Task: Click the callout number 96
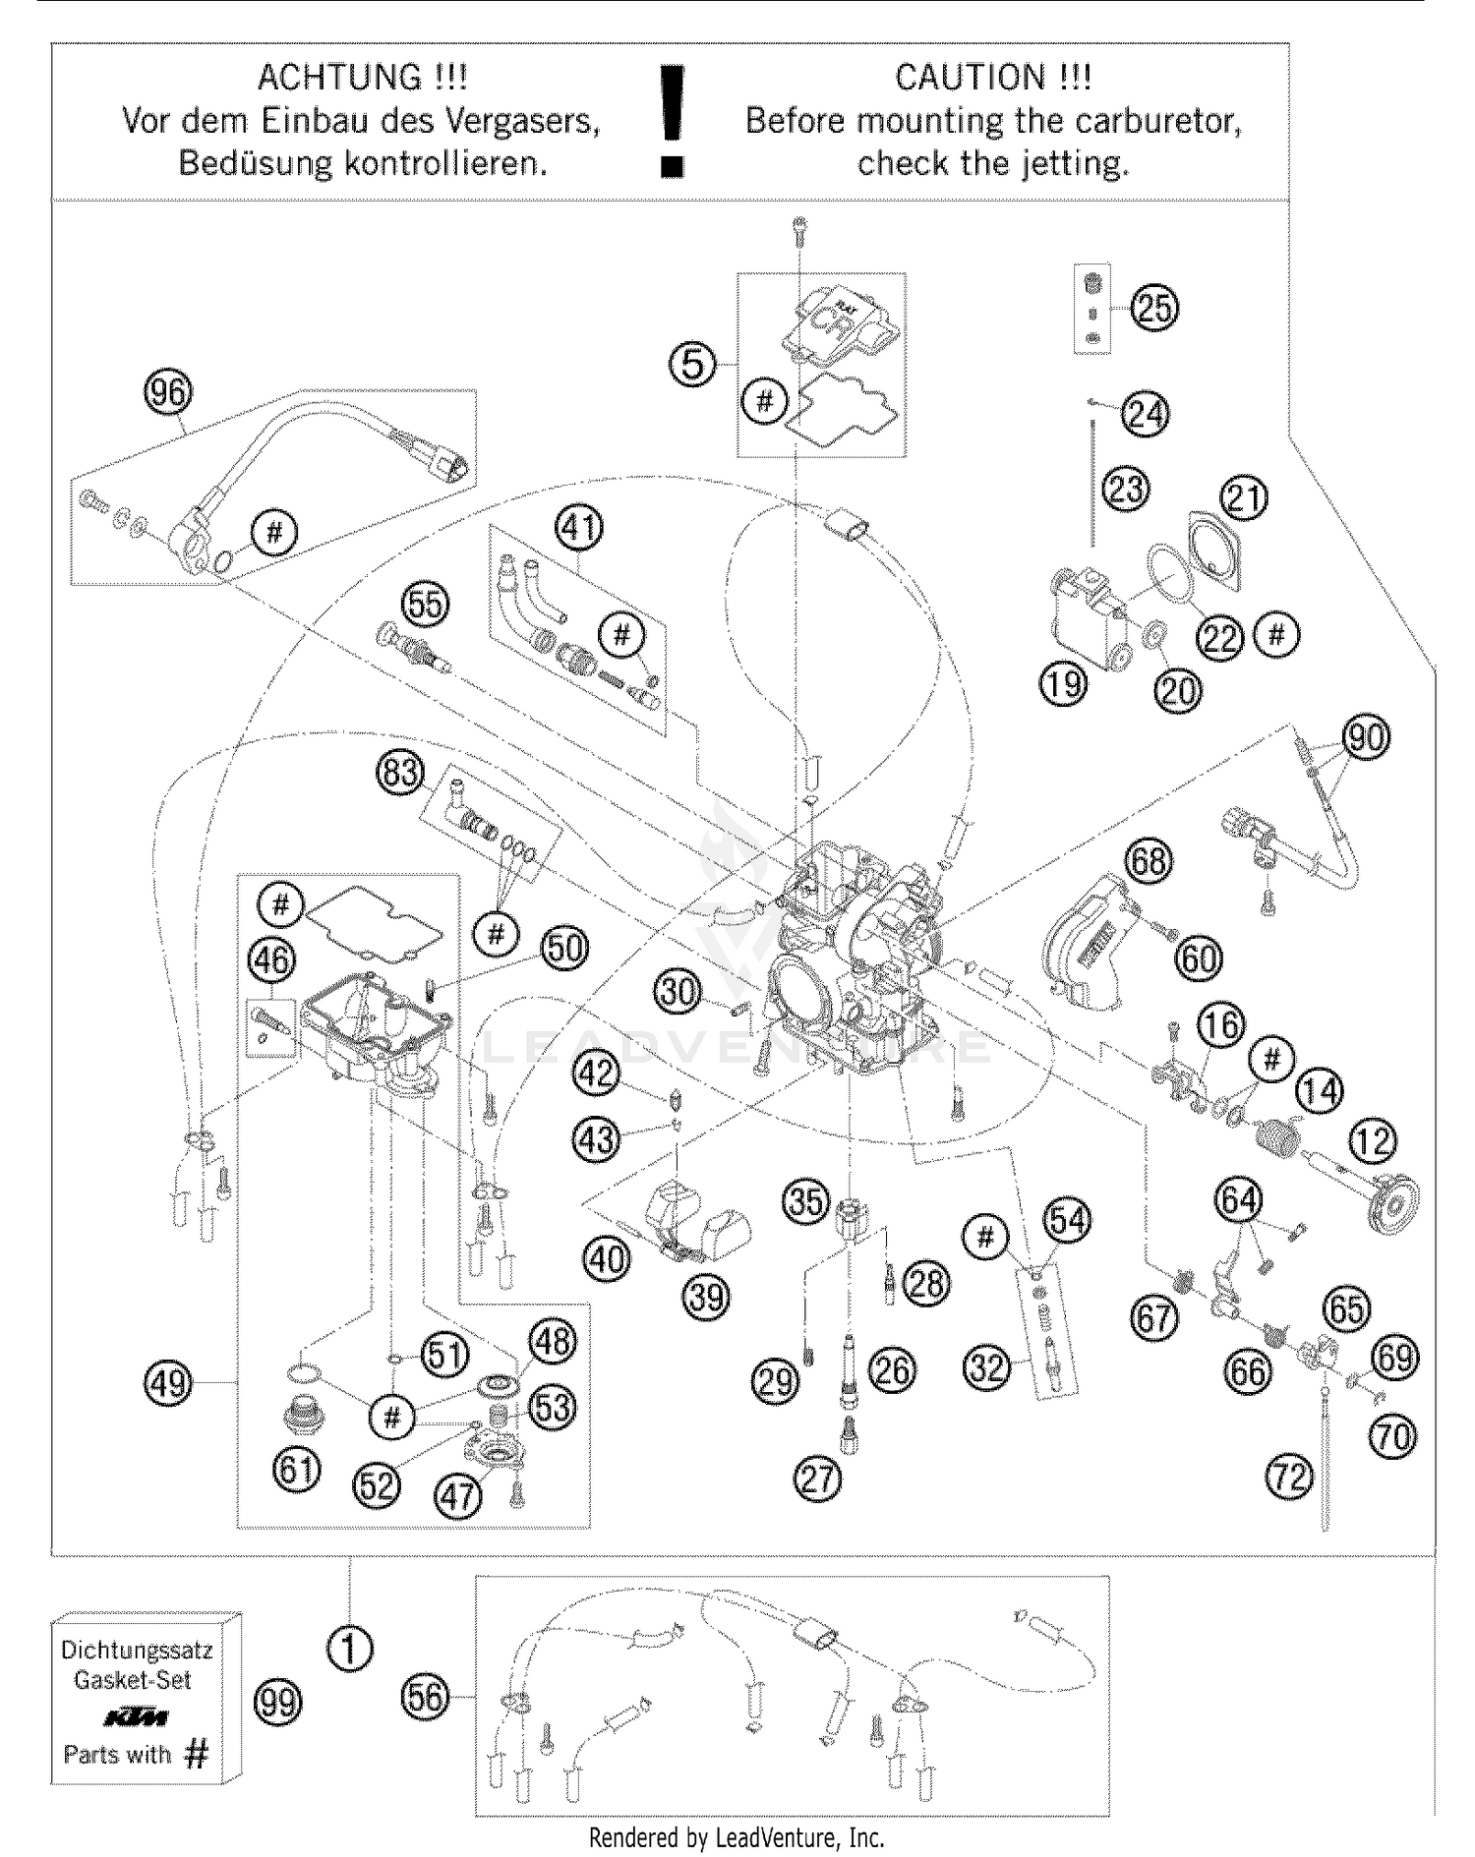click(168, 392)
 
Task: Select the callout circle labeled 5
click(693, 365)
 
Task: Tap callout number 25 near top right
click(1154, 308)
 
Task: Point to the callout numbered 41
click(579, 528)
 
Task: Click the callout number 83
click(400, 773)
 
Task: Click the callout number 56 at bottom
click(426, 1698)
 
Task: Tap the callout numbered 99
click(278, 1702)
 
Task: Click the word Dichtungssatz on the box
click(137, 1650)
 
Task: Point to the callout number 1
click(349, 1649)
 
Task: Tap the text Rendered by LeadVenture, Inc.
click(737, 1836)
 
